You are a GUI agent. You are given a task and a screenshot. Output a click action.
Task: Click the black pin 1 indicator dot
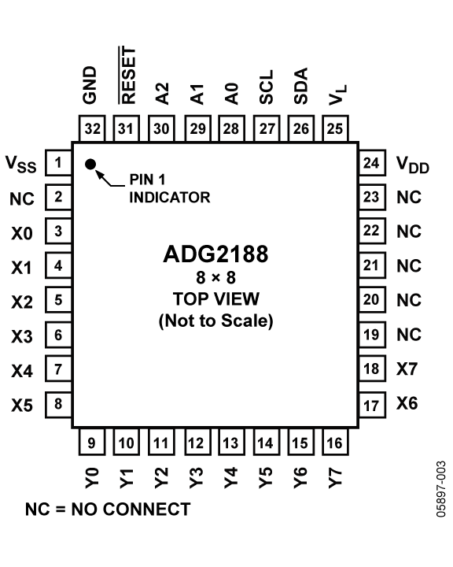tap(90, 164)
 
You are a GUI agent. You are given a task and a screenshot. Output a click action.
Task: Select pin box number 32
tap(92, 128)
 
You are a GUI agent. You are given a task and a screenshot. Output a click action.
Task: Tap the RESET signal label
tap(128, 76)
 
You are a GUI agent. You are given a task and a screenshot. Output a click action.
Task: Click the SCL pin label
tap(267, 87)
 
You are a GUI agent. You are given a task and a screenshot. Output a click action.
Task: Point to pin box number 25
tap(335, 128)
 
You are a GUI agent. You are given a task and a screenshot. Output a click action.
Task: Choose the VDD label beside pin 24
tap(413, 165)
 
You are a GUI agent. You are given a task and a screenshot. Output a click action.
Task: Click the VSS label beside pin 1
tap(21, 164)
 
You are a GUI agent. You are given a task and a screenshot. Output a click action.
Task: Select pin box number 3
tap(58, 231)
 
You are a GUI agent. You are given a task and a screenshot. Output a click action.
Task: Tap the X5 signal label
tap(22, 405)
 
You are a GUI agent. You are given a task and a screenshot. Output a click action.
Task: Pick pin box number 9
tap(92, 442)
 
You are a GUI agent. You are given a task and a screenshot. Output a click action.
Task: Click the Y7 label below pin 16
tap(335, 477)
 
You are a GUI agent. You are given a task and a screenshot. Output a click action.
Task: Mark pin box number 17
tap(372, 405)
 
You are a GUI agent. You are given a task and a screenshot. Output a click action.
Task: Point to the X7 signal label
tap(407, 369)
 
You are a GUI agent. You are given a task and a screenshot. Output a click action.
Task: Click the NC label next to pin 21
tap(409, 266)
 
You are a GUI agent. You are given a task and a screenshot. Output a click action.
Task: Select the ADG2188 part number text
tap(215, 254)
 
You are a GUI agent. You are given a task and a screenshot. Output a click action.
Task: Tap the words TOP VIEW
tap(216, 299)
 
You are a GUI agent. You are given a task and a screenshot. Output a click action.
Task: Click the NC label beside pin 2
tap(22, 199)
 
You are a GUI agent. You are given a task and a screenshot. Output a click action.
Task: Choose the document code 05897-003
tap(441, 488)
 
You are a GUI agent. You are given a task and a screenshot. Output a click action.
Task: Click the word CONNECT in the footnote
tap(146, 510)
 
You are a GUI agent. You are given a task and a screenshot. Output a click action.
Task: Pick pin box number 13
tap(231, 442)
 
